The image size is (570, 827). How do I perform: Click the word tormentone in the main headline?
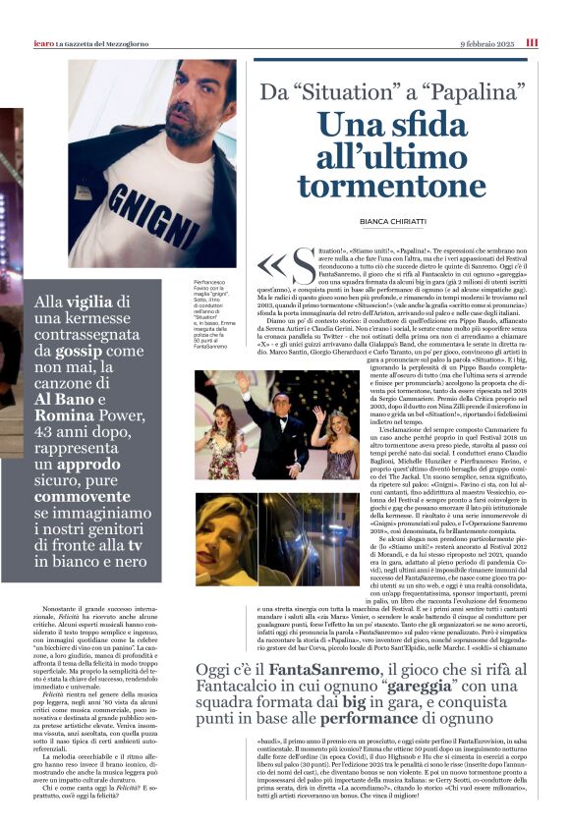point(391,187)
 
